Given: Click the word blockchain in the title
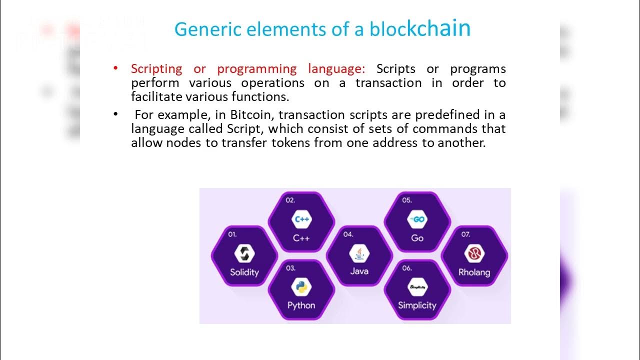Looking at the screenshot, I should pyautogui.click(x=420, y=29).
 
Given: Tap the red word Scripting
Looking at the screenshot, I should pyautogui.click(x=156, y=69).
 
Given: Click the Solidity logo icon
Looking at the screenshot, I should pyautogui.click(x=244, y=254).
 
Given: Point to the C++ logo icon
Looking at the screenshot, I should pyautogui.click(x=301, y=219).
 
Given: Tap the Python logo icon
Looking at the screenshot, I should pyautogui.click(x=301, y=287).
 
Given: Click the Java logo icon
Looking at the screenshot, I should pyautogui.click(x=359, y=254).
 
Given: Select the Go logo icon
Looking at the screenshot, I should pyautogui.click(x=417, y=219).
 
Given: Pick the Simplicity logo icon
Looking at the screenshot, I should pyautogui.click(x=417, y=287).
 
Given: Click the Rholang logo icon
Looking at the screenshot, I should pyautogui.click(x=474, y=254).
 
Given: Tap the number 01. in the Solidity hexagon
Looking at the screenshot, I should pyautogui.click(x=232, y=234).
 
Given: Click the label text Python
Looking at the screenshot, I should pyautogui.click(x=301, y=305).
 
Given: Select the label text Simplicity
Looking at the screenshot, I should pyautogui.click(x=417, y=305).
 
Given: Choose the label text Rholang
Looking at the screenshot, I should pyautogui.click(x=474, y=272).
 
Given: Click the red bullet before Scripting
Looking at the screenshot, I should pyautogui.click(x=115, y=67).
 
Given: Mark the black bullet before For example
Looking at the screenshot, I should pyautogui.click(x=115, y=114).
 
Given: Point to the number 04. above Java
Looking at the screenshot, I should pyautogui.click(x=348, y=234).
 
